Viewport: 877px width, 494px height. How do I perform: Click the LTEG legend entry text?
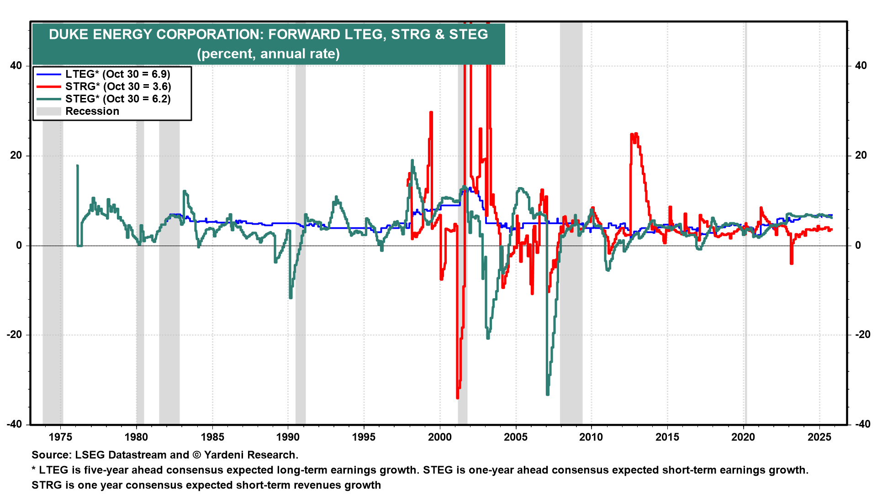pyautogui.click(x=117, y=74)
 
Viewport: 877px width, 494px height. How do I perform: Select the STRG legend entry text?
pyautogui.click(x=118, y=86)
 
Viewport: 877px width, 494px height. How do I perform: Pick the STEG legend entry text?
pyautogui.click(x=118, y=99)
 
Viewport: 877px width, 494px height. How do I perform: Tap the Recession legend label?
pyautogui.click(x=92, y=111)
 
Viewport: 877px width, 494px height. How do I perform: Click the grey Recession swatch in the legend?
pyautogui.click(x=48, y=111)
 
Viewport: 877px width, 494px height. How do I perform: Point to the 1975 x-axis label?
pyautogui.click(x=60, y=437)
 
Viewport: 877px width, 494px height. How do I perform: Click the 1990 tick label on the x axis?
pyautogui.click(x=288, y=437)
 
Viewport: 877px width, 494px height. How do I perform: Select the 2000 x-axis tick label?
pyautogui.click(x=439, y=437)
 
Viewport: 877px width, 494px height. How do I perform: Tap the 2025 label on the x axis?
pyautogui.click(x=819, y=437)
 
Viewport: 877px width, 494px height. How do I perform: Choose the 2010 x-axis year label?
pyautogui.click(x=591, y=437)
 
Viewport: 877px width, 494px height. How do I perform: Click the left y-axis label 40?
pyautogui.click(x=16, y=65)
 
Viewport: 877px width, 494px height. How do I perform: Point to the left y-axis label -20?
pyautogui.click(x=14, y=335)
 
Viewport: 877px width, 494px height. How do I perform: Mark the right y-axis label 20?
pyautogui.click(x=861, y=156)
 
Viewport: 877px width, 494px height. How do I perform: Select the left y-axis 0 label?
pyautogui.click(x=19, y=246)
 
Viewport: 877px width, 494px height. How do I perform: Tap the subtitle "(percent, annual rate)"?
pyautogui.click(x=268, y=54)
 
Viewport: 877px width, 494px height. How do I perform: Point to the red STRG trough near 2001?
pyautogui.click(x=457, y=397)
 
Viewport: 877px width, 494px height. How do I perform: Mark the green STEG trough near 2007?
pyautogui.click(x=547, y=394)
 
